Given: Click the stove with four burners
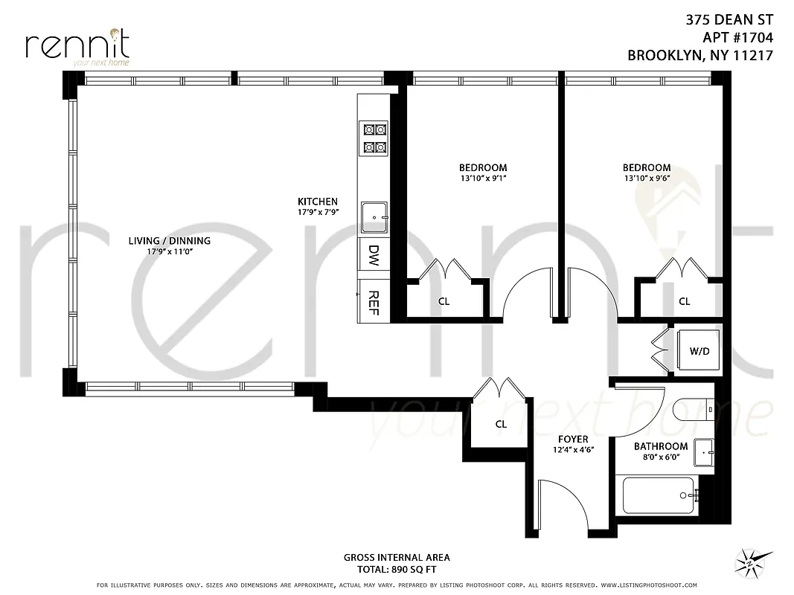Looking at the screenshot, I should pos(374,138).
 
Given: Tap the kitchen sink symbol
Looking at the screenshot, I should pos(374,218).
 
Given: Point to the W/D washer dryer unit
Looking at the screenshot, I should pos(698,350).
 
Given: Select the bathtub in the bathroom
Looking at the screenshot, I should pos(659,495).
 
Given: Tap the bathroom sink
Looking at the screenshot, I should pos(703,451).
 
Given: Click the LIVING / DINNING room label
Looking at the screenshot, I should pos(169,241).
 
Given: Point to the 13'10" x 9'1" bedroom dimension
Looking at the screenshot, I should pos(482,178).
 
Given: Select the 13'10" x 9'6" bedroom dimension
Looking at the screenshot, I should pos(646,178).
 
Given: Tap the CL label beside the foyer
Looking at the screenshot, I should pos(501,424).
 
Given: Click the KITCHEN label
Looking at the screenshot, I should pos(318,202).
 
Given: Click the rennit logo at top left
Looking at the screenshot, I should pos(77,46).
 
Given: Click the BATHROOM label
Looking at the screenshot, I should pos(660,447).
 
